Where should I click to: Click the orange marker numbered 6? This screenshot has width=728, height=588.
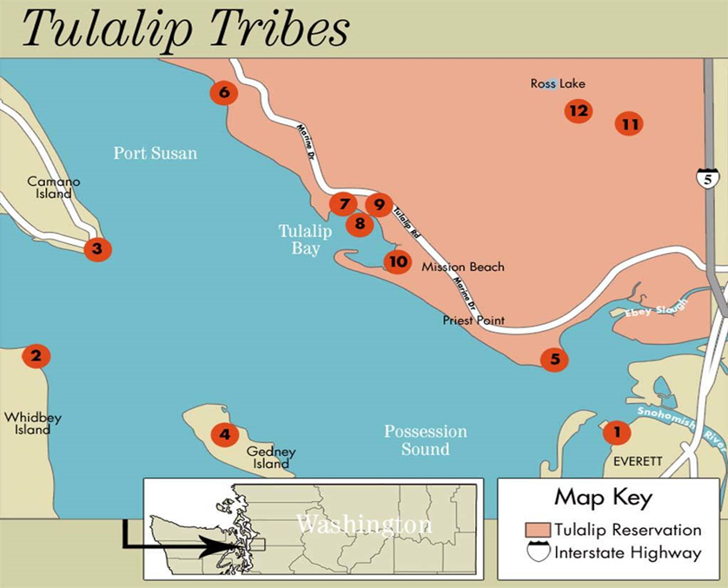point(224,92)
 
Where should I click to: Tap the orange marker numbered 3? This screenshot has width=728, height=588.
point(97,249)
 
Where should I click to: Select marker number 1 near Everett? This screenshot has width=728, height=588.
point(617,431)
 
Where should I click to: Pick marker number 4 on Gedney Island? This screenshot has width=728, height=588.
point(225,433)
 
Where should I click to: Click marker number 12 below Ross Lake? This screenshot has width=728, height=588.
point(578,110)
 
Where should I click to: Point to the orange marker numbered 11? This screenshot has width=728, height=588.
point(630,124)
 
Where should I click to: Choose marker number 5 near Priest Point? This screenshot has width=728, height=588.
point(554,359)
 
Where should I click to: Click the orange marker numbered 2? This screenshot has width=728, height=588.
point(36,355)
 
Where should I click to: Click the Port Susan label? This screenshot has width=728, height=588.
point(156,154)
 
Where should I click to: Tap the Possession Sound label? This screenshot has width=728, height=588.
point(426,440)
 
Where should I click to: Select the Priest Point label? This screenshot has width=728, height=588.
point(473,320)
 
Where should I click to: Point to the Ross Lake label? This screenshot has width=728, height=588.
point(558,84)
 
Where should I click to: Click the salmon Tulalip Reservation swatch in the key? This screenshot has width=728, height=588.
point(539,529)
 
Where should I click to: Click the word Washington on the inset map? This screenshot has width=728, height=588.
point(364,525)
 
